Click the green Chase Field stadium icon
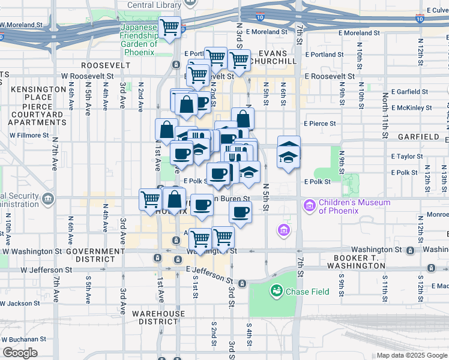[x=276, y=292]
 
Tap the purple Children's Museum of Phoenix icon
[x=310, y=206]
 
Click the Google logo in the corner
[x=20, y=353]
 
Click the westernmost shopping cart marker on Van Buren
[x=150, y=199]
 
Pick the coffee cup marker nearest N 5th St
[x=241, y=212]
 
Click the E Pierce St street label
[x=318, y=123]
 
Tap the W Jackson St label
[x=20, y=304]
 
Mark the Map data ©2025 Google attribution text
[x=411, y=355]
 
